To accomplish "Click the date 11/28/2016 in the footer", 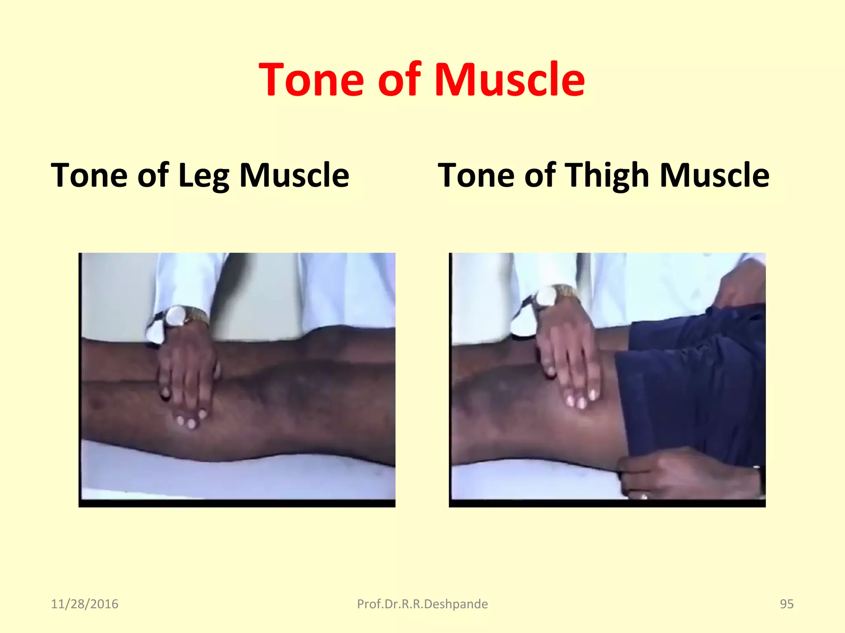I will pos(85,604).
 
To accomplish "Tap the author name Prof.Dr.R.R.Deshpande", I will pos(422,604).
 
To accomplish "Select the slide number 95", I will pos(786,604).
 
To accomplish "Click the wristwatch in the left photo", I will pos(178,316).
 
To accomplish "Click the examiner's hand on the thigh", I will pos(569,363).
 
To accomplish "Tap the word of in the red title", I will pos(399,79).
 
